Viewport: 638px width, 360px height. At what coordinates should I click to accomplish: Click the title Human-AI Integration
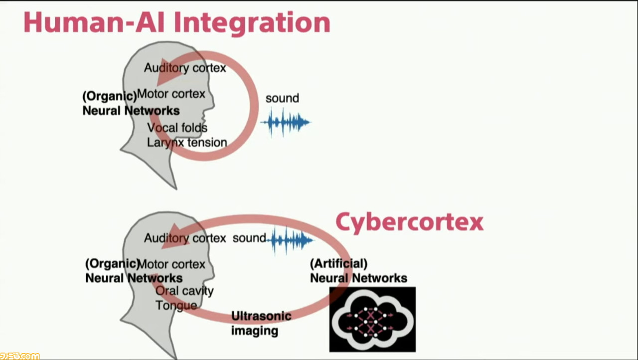pyautogui.click(x=177, y=23)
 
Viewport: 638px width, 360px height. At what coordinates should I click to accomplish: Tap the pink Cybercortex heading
pyautogui.click(x=410, y=223)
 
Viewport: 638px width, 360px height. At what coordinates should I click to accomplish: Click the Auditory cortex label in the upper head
pyautogui.click(x=185, y=68)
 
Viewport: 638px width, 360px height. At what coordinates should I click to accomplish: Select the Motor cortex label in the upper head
pyautogui.click(x=171, y=94)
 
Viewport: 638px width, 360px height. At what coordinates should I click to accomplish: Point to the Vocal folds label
pyautogui.click(x=177, y=128)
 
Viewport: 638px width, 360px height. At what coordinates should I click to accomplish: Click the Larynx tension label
pyautogui.click(x=187, y=143)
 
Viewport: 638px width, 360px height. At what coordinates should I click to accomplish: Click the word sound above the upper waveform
pyautogui.click(x=282, y=98)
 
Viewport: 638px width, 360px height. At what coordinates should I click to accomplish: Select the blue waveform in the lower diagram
pyautogui.click(x=290, y=240)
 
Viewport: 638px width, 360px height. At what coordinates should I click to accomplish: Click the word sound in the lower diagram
pyautogui.click(x=249, y=238)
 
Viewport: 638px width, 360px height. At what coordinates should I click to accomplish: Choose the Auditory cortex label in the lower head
pyautogui.click(x=185, y=238)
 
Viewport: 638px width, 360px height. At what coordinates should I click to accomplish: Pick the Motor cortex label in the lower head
pyautogui.click(x=171, y=264)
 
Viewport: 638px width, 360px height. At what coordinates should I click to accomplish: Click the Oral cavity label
pyautogui.click(x=184, y=291)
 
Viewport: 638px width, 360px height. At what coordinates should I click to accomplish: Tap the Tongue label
pyautogui.click(x=176, y=306)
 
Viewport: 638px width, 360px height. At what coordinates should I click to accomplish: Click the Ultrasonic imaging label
pyautogui.click(x=261, y=323)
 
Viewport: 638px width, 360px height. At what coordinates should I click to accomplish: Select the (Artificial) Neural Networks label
pyautogui.click(x=358, y=271)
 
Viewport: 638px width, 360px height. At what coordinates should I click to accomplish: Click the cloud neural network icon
pyautogui.click(x=372, y=319)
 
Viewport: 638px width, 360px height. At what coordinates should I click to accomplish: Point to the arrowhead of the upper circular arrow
pyautogui.click(x=168, y=72)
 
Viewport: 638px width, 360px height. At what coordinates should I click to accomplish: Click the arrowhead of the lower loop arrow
pyautogui.click(x=174, y=236)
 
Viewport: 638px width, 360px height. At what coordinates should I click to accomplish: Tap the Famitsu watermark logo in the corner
pyautogui.click(x=19, y=356)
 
